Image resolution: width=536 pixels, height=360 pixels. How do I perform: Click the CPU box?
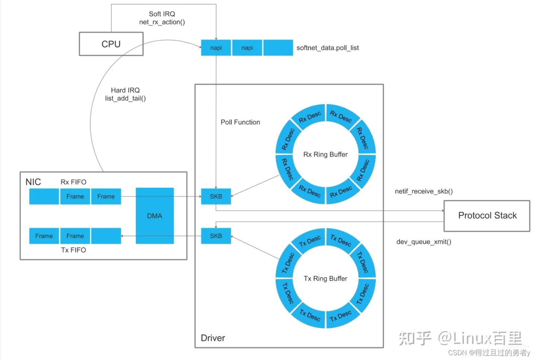pyautogui.click(x=111, y=44)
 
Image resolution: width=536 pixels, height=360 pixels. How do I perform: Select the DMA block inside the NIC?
pyautogui.click(x=154, y=216)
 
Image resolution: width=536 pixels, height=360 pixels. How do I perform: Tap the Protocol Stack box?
pyautogui.click(x=487, y=216)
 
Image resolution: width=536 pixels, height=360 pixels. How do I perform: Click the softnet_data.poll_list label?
pyautogui.click(x=328, y=48)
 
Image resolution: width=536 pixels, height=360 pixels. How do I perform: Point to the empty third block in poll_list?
pyautogui.click(x=278, y=48)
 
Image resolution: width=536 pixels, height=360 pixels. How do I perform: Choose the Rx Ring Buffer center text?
pyautogui.click(x=325, y=154)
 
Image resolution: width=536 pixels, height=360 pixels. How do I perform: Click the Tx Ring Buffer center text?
pyautogui.click(x=325, y=278)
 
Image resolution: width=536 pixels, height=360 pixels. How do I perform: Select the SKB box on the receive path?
pyautogui.click(x=216, y=197)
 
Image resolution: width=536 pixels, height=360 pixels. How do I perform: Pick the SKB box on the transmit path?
pyautogui.click(x=216, y=236)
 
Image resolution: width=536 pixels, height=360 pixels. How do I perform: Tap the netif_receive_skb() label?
pyautogui.click(x=424, y=191)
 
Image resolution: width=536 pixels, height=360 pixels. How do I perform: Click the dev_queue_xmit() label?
pyautogui.click(x=424, y=242)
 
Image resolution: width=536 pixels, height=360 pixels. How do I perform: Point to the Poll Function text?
pyautogui.click(x=240, y=122)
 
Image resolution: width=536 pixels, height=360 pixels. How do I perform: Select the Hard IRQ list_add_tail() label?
pyautogui.click(x=125, y=94)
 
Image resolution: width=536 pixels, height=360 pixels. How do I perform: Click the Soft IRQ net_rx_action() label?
pyautogui.click(x=162, y=18)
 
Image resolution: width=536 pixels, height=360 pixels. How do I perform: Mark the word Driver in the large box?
pyautogui.click(x=213, y=338)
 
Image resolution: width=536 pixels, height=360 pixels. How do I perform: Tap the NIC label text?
pyautogui.click(x=33, y=182)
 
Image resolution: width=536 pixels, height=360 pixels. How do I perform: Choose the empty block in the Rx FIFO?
pyautogui.click(x=44, y=197)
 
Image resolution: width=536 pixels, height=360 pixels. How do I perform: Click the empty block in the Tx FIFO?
pyautogui.click(x=106, y=236)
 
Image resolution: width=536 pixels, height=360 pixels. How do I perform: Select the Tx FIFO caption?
pyautogui.click(x=73, y=250)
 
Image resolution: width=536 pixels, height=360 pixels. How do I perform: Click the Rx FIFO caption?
pyautogui.click(x=73, y=182)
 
